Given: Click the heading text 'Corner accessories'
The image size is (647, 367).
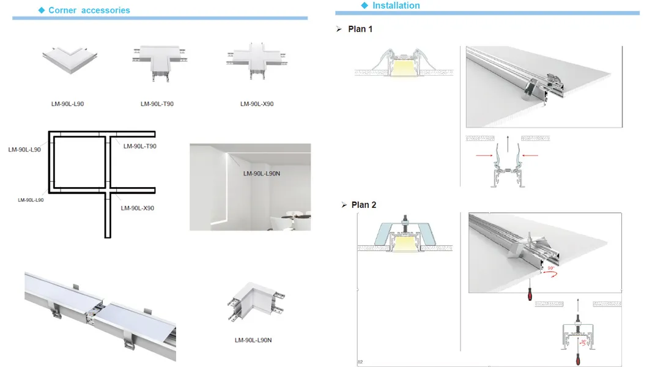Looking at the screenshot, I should [89, 10].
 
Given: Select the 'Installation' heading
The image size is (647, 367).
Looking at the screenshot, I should [396, 6].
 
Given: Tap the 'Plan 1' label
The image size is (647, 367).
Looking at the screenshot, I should [360, 29].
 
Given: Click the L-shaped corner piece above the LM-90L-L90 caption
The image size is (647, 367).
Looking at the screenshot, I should [67, 62].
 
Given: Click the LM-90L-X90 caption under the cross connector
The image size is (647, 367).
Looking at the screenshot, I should [257, 104].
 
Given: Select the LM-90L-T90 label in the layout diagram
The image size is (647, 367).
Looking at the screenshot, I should [140, 146].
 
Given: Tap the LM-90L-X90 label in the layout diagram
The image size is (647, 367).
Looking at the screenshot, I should [138, 208].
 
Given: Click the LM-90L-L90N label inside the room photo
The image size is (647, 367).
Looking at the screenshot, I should [261, 174].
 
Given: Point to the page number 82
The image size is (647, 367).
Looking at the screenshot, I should [360, 361].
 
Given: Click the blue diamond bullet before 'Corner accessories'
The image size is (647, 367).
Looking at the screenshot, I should [42, 10].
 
